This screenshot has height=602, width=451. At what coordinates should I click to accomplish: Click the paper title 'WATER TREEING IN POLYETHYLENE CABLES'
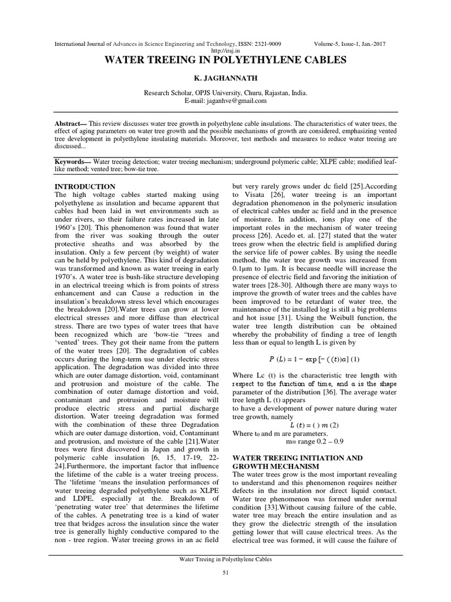tap(225, 60)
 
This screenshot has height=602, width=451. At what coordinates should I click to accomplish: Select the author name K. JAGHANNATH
tap(225, 78)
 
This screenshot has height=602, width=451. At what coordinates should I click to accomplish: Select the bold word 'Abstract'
tap(66, 123)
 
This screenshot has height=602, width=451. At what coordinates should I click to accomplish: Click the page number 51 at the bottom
tap(225, 574)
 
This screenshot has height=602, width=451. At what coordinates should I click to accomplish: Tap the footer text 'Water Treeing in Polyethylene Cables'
tap(225, 560)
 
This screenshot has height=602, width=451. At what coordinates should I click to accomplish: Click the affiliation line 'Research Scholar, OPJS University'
tap(225, 93)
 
